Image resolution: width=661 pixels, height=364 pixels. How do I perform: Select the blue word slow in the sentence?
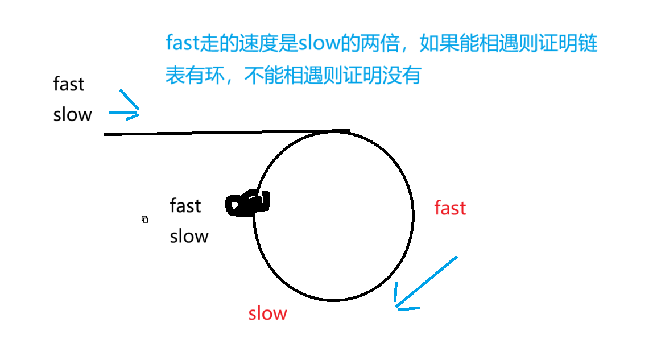(318, 44)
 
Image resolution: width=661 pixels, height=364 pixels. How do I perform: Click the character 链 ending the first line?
(588, 44)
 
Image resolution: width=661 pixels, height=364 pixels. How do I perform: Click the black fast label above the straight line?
(69, 84)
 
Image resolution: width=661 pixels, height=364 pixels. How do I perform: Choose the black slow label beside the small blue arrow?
(72, 115)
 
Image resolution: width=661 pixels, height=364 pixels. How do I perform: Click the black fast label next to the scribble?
(185, 205)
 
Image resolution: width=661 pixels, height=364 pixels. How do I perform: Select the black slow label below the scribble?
(189, 236)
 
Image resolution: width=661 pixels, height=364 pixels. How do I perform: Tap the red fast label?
(450, 208)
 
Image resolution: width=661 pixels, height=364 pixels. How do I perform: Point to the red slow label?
(267, 313)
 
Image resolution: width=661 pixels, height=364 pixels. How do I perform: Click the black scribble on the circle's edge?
(248, 204)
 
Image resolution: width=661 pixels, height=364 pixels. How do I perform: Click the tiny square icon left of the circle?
(145, 219)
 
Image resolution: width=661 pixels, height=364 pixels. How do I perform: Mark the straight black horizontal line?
(216, 133)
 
